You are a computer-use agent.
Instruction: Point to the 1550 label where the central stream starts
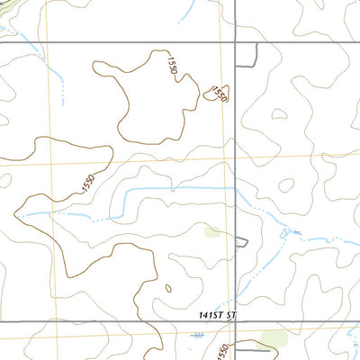(x=87, y=183)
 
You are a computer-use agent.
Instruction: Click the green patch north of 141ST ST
(x=213, y=232)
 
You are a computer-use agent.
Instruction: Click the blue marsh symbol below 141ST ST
(x=198, y=335)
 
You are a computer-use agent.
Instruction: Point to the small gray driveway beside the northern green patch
(x=240, y=241)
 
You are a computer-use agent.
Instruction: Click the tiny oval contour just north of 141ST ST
(x=167, y=289)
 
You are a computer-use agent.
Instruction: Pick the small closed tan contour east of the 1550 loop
(x=279, y=115)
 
